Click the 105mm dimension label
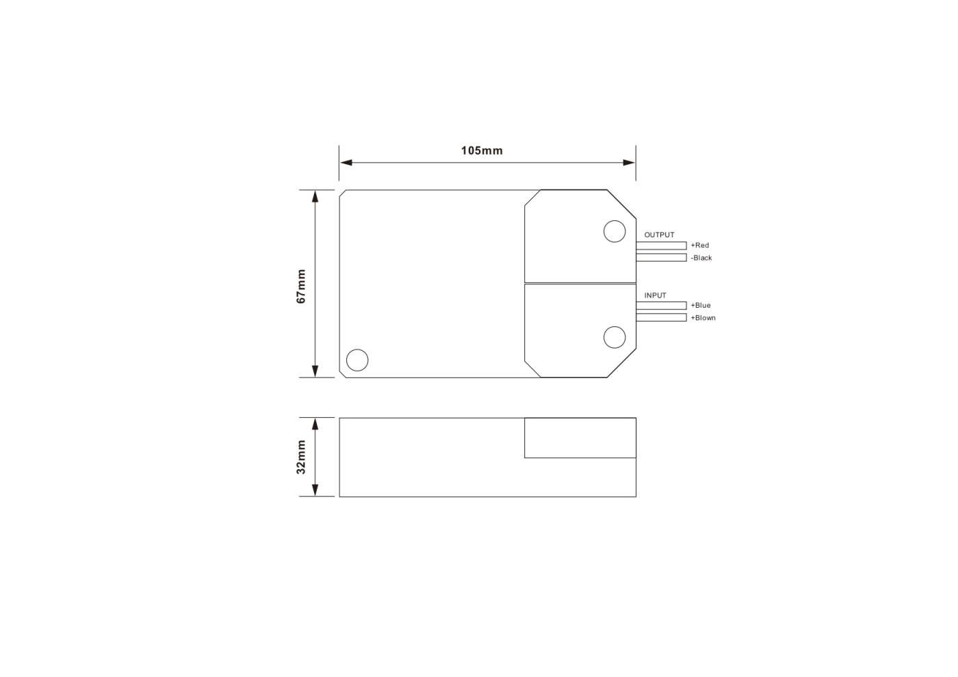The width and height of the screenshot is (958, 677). [x=482, y=150]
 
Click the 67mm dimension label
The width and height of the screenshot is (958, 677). [x=301, y=287]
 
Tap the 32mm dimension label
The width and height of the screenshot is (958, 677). [x=301, y=457]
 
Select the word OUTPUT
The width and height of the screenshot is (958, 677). [x=659, y=235]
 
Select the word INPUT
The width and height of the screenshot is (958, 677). [x=656, y=295]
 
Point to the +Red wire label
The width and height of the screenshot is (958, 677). [x=699, y=245]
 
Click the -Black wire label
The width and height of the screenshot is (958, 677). [x=701, y=258]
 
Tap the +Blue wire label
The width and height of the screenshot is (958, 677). [x=701, y=305]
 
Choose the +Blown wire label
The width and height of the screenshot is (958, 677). [x=703, y=317]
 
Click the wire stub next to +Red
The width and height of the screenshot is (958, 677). [x=661, y=245]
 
